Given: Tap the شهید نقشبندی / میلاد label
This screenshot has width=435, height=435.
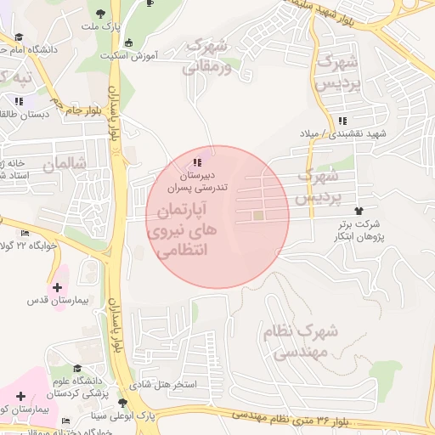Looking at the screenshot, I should [x=342, y=134].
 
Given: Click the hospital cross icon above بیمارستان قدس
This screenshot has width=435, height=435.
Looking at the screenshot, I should [x=57, y=287].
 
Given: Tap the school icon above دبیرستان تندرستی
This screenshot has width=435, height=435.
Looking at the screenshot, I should [x=198, y=161].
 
